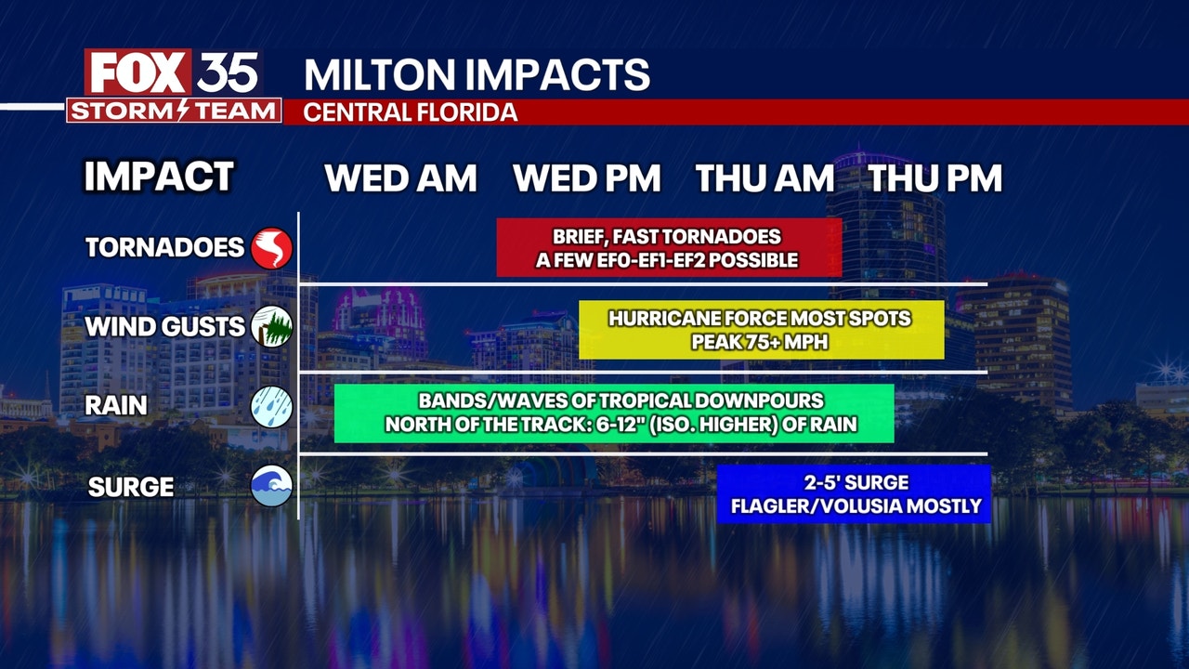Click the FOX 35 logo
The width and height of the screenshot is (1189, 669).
(x=173, y=73)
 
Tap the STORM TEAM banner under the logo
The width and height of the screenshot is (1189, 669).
(x=174, y=111)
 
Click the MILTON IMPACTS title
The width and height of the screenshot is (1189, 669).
(x=477, y=74)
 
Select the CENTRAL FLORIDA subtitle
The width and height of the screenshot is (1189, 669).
(x=411, y=112)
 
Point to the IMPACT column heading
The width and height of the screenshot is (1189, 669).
(x=159, y=177)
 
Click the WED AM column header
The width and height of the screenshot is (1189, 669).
(x=400, y=178)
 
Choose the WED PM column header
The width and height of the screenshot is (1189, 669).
(x=586, y=178)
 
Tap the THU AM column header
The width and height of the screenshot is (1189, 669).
(x=764, y=178)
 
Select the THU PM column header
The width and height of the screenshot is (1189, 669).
(x=934, y=178)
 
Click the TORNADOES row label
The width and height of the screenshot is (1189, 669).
(x=164, y=248)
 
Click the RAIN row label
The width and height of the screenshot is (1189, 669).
(x=116, y=406)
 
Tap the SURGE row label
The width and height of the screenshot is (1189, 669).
(x=131, y=487)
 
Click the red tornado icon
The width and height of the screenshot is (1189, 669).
(x=271, y=248)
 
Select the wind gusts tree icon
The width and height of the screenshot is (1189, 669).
(x=271, y=326)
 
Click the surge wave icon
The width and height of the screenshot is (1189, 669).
(x=271, y=486)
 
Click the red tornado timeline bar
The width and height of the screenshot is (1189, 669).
(x=668, y=248)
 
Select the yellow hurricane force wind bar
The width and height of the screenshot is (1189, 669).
(x=761, y=330)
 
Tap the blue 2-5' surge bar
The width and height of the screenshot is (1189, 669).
(x=855, y=494)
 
